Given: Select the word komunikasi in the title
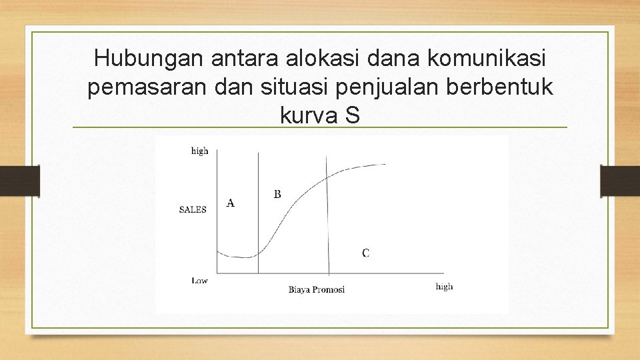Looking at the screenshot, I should tap(487, 59).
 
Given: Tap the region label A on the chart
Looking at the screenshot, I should tap(230, 203).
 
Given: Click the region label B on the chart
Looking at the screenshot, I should tap(277, 194).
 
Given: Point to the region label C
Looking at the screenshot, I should tap(366, 253).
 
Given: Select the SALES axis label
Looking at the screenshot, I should tap(193, 209).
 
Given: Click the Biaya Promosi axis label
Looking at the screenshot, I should tap(317, 289).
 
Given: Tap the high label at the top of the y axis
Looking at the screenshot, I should tap(200, 151).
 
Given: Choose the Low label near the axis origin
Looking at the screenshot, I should tap(200, 281).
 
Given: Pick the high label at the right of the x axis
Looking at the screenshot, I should tap(444, 286).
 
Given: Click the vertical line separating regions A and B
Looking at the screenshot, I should tap(258, 213).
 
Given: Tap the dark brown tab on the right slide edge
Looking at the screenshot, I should tap(620, 181).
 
